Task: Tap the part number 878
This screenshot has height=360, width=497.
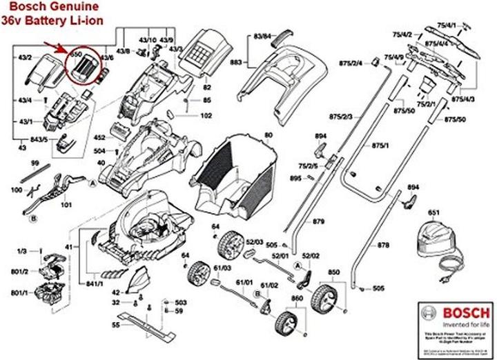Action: coord(384,246)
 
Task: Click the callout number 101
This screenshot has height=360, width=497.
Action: coord(67,205)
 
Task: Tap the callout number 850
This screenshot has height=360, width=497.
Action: coord(334,274)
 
